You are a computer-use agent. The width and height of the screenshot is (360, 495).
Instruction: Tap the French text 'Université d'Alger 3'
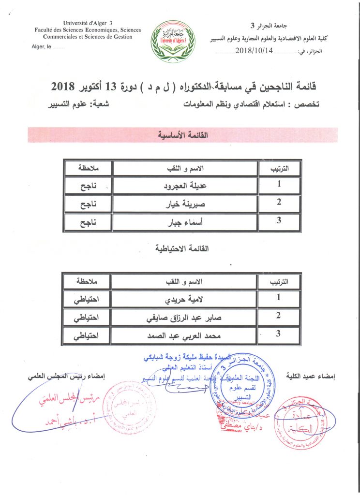pos(87,23)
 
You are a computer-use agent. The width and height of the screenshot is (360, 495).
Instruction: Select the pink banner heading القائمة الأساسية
pos(183,135)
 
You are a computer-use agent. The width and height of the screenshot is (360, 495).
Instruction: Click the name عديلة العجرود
pos(184,185)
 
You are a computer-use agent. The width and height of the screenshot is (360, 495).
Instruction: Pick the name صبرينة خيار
pos(184,204)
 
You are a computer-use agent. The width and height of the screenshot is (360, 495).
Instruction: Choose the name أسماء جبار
pos(184,222)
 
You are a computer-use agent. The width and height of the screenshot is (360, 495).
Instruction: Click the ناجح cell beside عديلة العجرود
pos(88,185)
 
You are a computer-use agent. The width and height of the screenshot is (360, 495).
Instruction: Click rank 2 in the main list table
pos(279,203)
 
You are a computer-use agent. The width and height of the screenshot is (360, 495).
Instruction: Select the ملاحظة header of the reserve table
pos(88,281)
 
